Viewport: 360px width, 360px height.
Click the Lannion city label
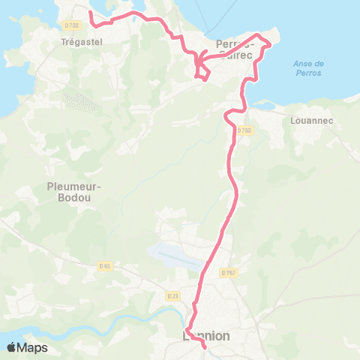coord(207,337)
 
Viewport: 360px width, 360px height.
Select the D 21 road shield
coord(173,295)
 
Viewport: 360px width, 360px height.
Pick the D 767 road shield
coord(228,272)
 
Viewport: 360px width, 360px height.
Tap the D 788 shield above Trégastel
coord(72,25)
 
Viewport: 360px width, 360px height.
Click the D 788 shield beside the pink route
coord(244,130)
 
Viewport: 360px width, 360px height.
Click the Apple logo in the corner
coord(12,347)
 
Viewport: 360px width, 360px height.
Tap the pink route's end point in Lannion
coord(205,346)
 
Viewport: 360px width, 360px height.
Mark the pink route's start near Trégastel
coord(90,13)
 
